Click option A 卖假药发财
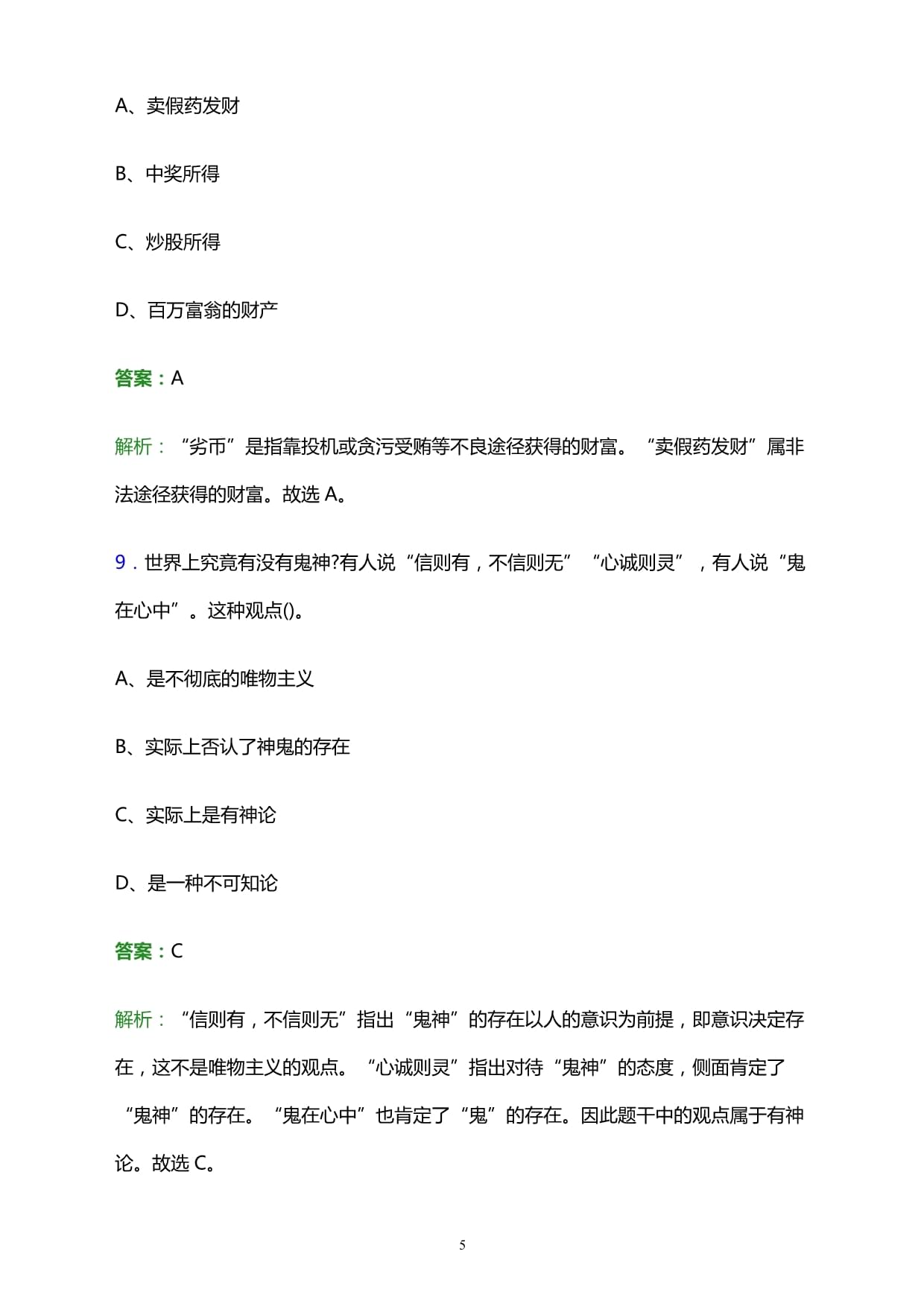click(x=177, y=106)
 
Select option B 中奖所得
click(x=168, y=174)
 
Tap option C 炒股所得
click(x=168, y=242)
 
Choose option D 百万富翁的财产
click(x=196, y=310)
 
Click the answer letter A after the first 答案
click(x=177, y=379)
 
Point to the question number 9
click(x=120, y=562)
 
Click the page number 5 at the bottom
click(x=462, y=1245)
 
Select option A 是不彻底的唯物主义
click(x=215, y=678)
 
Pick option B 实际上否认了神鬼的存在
click(x=232, y=746)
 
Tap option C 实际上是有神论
click(x=195, y=815)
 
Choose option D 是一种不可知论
click(x=196, y=884)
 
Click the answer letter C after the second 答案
click(x=177, y=951)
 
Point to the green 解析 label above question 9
click(x=134, y=447)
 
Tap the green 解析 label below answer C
click(x=134, y=1020)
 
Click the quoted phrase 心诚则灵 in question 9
click(x=638, y=562)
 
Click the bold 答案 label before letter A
click(x=134, y=379)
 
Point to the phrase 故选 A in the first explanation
click(x=311, y=494)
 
